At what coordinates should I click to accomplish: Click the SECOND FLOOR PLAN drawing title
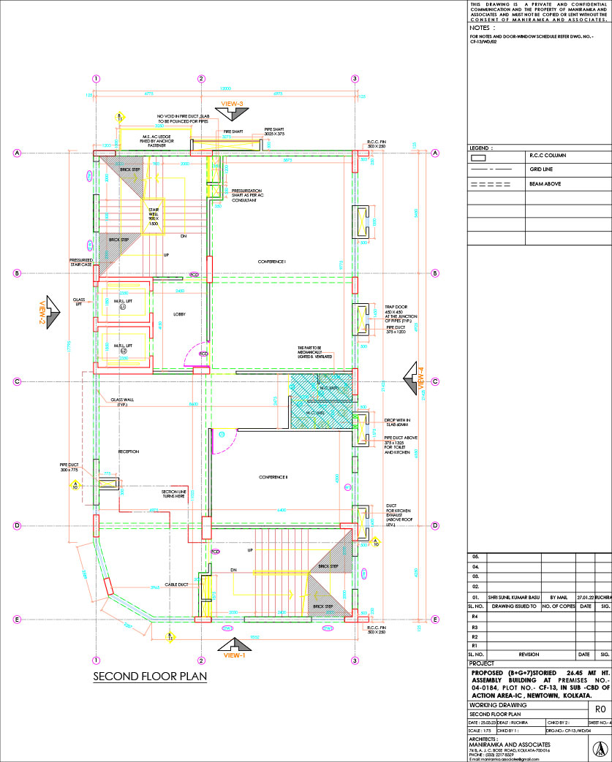[150, 677]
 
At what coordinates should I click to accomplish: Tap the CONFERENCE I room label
[271, 262]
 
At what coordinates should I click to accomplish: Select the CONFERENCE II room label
[273, 477]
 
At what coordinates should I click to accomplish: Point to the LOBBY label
[180, 314]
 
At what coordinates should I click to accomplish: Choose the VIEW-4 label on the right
[420, 378]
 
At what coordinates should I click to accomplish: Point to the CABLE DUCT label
[177, 584]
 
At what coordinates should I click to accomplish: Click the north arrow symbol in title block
[598, 749]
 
